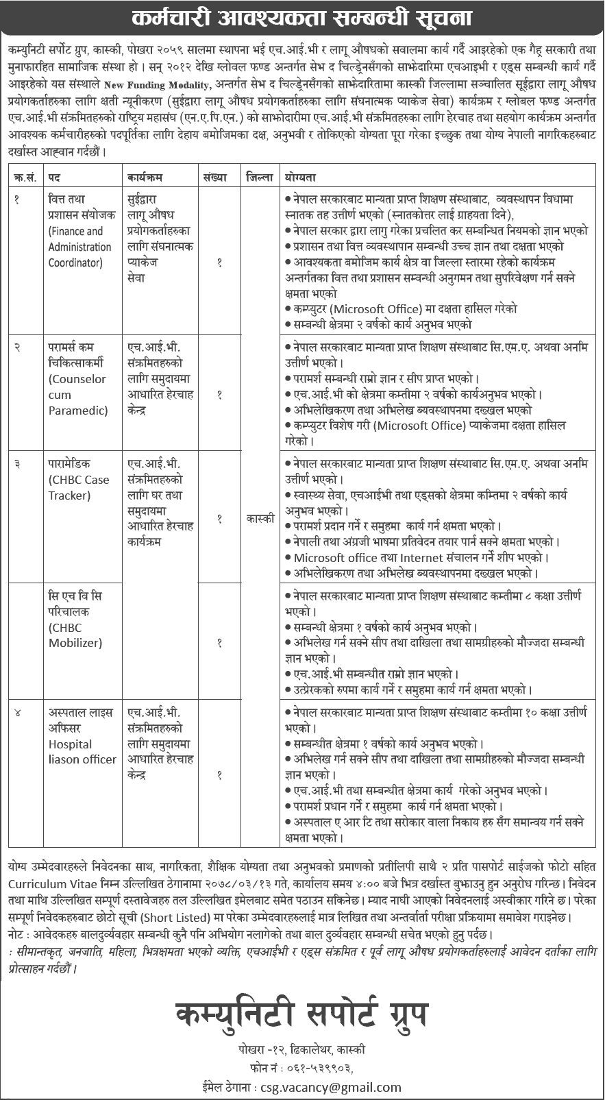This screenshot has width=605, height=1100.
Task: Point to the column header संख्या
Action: [214, 177]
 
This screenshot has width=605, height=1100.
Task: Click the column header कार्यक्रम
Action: [145, 177]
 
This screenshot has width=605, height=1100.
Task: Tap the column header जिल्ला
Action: [260, 177]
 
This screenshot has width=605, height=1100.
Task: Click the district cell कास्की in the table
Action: [260, 519]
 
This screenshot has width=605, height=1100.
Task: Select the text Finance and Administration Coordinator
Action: [79, 247]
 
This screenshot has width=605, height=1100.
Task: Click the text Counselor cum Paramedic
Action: [77, 395]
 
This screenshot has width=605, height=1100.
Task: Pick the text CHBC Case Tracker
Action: [78, 487]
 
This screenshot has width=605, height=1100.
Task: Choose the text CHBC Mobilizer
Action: [75, 635]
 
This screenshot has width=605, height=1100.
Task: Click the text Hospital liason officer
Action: [82, 752]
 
